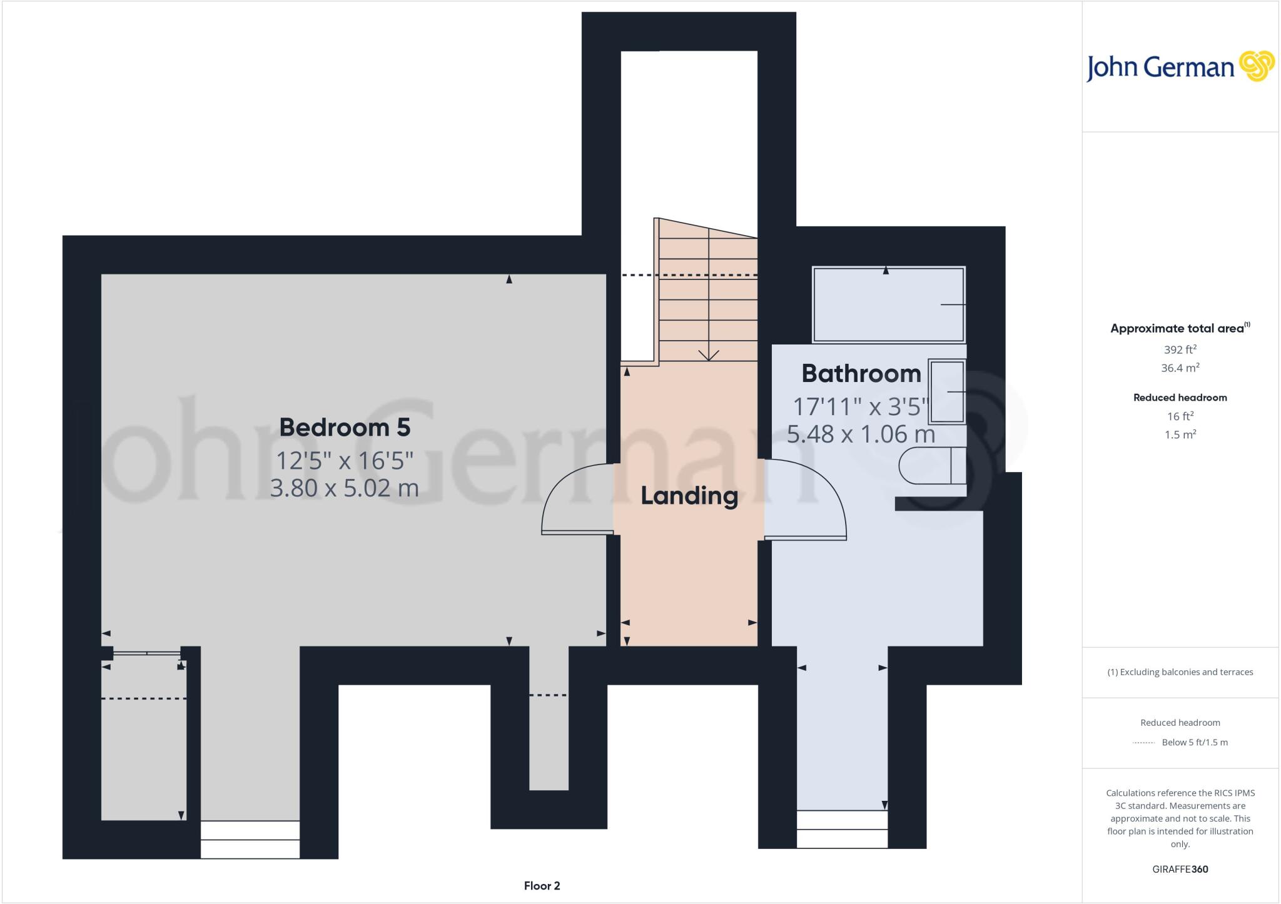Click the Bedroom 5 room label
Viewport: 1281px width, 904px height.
tap(345, 428)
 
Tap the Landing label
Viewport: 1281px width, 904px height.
tap(689, 496)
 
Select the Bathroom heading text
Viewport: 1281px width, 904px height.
tap(861, 374)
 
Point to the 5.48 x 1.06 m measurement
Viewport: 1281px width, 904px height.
tap(861, 434)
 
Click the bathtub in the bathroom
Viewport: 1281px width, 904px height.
tap(888, 304)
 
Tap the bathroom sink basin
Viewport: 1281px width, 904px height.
tap(947, 391)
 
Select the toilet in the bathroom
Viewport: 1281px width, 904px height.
tap(932, 466)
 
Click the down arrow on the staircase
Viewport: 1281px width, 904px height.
tap(708, 354)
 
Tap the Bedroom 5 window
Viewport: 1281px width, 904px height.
tap(250, 840)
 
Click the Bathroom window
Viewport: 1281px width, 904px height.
tap(842, 829)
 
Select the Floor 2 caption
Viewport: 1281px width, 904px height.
tap(542, 886)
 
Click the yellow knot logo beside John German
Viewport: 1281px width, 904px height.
tap(1257, 66)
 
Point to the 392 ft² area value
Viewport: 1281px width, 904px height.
tap(1180, 349)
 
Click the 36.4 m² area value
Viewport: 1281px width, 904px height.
tap(1180, 368)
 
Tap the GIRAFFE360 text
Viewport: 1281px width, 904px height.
tap(1180, 869)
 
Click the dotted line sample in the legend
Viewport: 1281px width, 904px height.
tap(1143, 743)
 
